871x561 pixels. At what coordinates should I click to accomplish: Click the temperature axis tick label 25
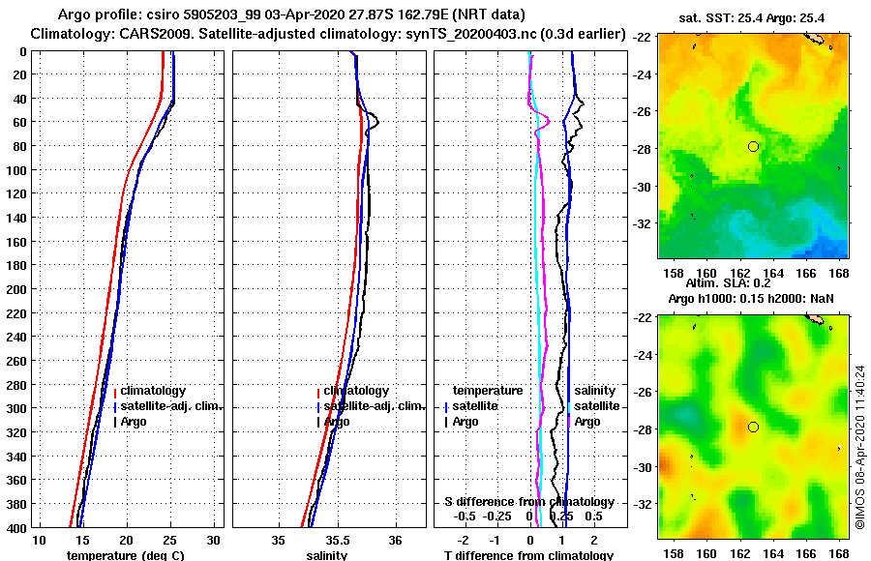170,540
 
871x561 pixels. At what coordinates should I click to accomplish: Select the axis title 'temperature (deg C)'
126,555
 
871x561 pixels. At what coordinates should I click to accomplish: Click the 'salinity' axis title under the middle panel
328,555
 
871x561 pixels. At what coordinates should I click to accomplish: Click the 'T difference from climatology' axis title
528,555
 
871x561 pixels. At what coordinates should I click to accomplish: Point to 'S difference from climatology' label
528,502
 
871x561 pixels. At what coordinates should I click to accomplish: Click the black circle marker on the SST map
753,146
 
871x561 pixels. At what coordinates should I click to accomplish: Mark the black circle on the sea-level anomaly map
753,427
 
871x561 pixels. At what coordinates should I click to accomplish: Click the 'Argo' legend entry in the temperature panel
134,422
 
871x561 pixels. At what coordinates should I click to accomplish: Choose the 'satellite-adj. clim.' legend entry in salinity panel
372,406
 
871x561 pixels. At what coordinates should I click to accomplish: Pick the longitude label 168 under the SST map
840,272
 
